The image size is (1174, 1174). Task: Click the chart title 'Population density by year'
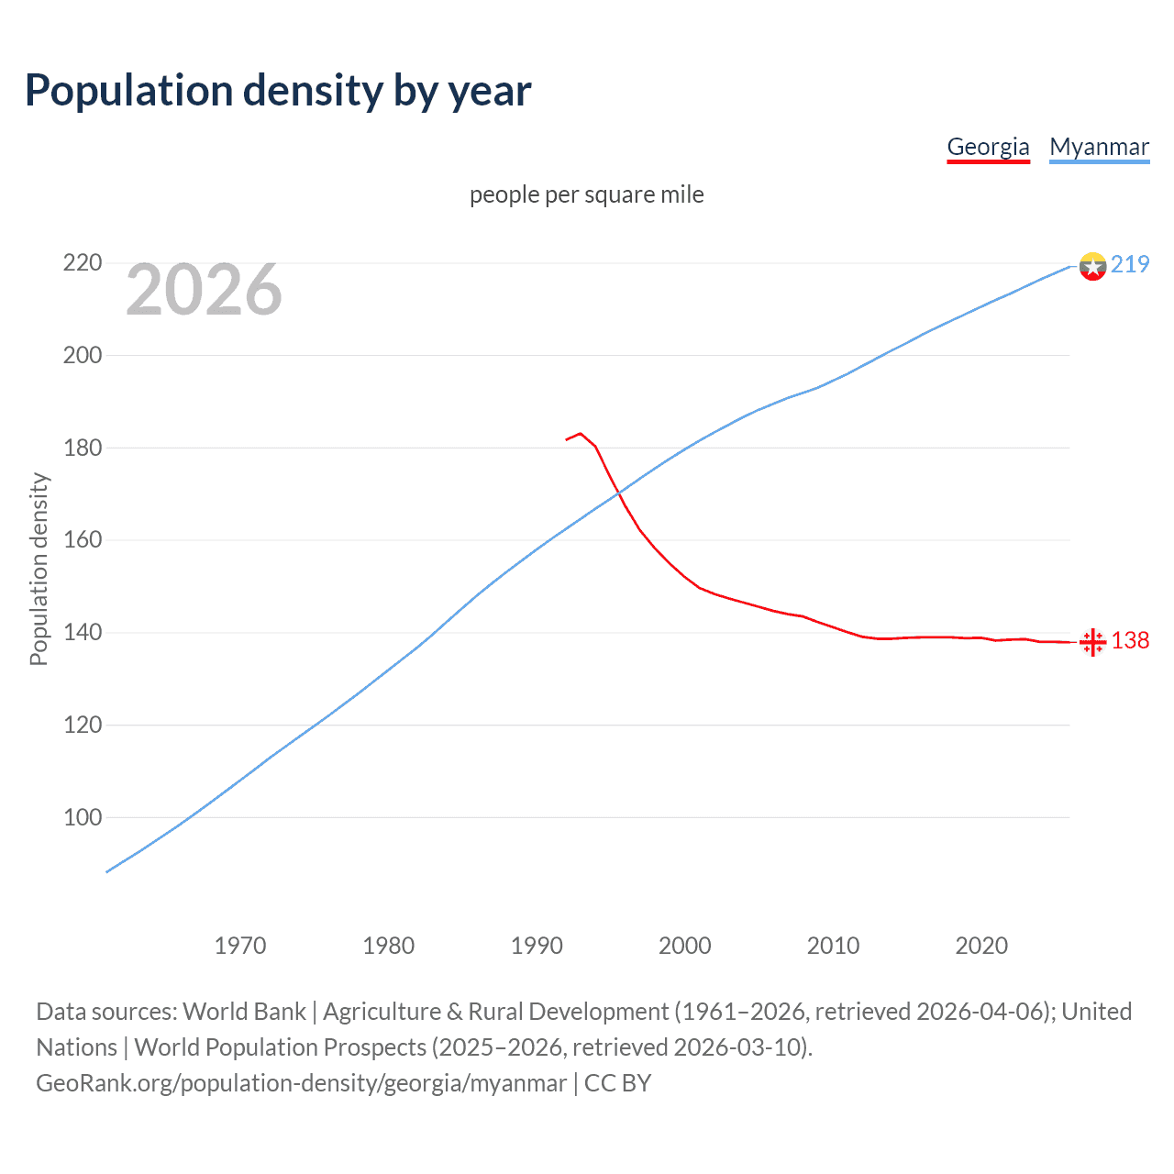278,90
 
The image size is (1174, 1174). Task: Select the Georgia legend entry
988,147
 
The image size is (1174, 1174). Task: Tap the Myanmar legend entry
1099,147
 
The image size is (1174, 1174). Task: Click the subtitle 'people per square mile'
586,194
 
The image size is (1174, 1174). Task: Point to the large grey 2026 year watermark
204,290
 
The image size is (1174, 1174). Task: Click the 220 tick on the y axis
82,263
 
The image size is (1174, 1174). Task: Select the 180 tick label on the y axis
82,448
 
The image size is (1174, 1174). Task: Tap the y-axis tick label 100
82,817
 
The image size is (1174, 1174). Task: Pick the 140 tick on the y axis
82,633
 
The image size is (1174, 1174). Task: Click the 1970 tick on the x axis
240,946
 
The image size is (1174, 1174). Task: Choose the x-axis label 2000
685,946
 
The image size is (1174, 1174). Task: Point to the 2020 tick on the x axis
981,946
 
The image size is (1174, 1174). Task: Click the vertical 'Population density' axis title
39,569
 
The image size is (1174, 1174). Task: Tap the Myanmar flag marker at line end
1092,266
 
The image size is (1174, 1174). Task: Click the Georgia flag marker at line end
1092,642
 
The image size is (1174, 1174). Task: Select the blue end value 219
1130,264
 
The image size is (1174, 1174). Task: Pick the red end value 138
1130,640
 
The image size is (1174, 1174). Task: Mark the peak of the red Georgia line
581,433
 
